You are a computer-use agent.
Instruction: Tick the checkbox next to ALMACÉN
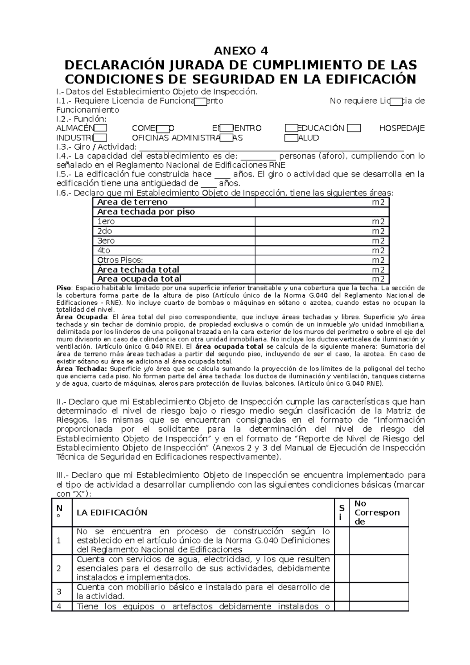click(x=101, y=128)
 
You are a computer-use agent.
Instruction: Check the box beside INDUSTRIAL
click(x=101, y=137)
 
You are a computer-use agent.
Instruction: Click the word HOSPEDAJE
click(x=402, y=128)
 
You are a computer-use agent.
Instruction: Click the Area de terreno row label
click(x=132, y=202)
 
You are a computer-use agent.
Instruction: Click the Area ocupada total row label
click(x=139, y=279)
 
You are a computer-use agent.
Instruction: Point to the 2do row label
click(x=105, y=231)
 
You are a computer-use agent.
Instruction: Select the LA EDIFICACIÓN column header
click(x=112, y=513)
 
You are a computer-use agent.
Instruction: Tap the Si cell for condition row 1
click(x=342, y=540)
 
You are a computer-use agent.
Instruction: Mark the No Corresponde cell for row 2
click(x=379, y=568)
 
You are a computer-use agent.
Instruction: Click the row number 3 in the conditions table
click(x=59, y=591)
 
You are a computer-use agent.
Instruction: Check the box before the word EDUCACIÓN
click(x=291, y=128)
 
